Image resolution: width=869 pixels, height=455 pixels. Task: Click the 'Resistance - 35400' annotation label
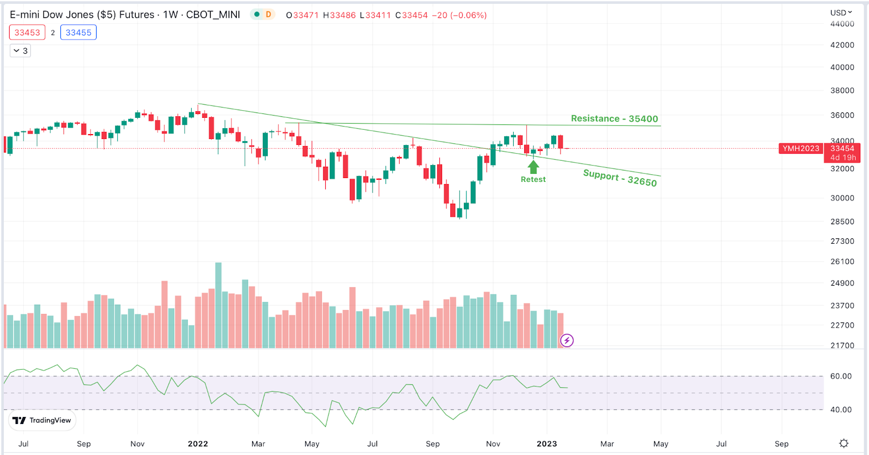point(614,118)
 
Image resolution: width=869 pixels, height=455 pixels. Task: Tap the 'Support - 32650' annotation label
point(620,178)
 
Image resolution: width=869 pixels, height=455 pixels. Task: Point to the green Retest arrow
point(533,167)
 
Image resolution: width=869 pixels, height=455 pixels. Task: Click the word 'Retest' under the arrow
point(533,179)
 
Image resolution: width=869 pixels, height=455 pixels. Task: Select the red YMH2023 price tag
point(801,148)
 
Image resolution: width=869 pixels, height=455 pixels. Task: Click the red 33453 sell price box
point(27,33)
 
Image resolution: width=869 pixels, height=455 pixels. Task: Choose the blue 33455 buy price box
point(78,33)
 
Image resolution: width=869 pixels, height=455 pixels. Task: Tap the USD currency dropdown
point(841,12)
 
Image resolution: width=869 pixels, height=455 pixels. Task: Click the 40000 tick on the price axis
point(842,67)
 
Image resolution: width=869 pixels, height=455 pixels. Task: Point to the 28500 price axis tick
point(842,222)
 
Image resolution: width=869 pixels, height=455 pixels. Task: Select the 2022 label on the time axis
point(198,444)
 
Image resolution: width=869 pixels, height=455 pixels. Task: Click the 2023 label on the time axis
point(546,444)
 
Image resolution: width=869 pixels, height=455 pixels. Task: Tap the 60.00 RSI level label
point(841,376)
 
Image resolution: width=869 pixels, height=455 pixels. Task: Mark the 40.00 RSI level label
point(841,409)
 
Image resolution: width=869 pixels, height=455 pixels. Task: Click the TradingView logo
point(42,420)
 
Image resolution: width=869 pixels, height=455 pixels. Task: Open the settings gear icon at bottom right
point(843,443)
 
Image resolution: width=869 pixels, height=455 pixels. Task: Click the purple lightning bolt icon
point(566,340)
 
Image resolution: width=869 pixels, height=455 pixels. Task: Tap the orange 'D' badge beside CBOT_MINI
point(268,15)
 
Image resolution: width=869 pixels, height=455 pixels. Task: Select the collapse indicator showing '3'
point(21,50)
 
